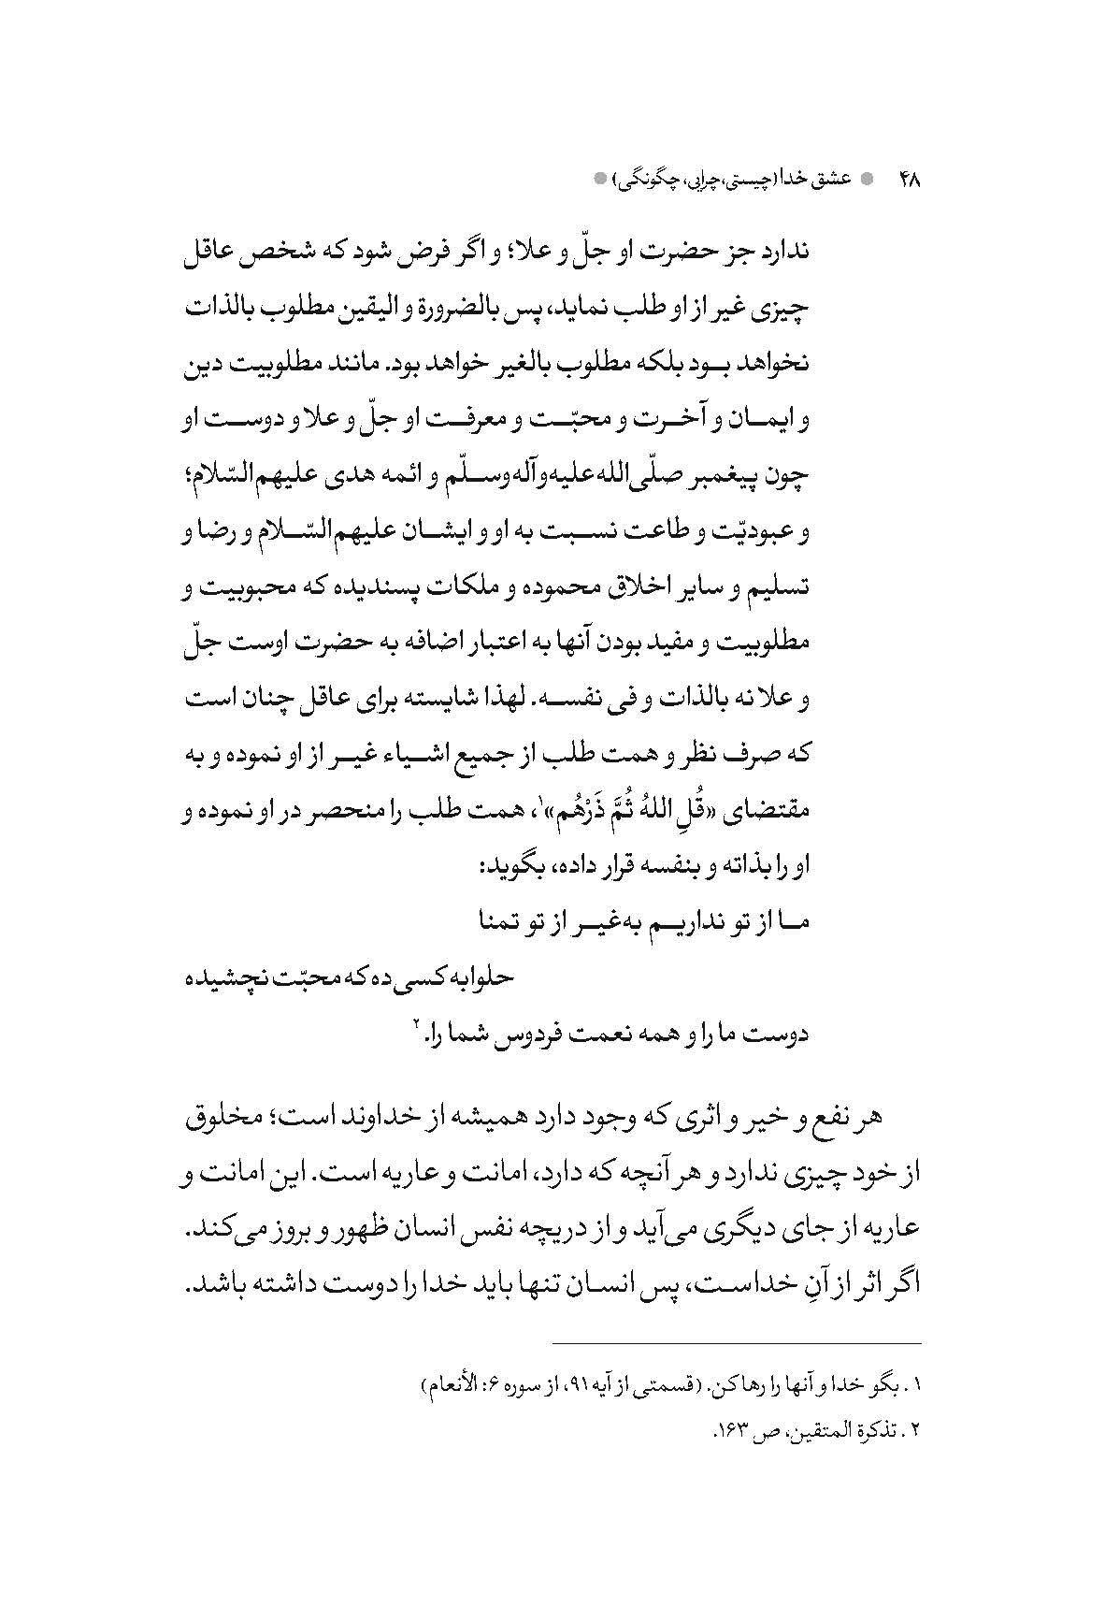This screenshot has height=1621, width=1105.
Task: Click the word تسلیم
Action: [776, 591]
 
